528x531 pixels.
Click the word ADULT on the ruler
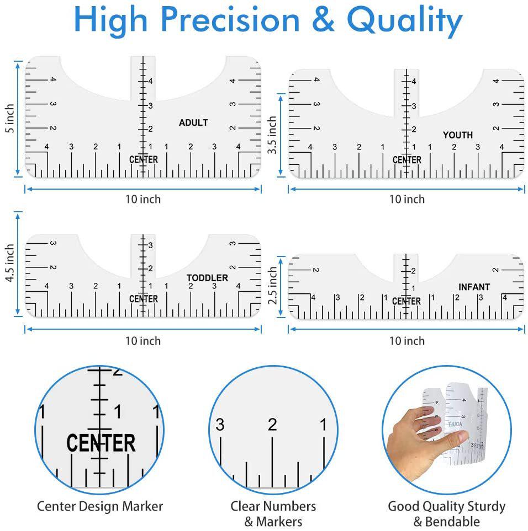(193, 122)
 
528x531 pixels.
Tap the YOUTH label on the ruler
(457, 135)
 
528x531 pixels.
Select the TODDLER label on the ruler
(207, 278)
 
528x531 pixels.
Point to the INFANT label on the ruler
(474, 287)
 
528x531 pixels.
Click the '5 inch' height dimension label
(10, 119)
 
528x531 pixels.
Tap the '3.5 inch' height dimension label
(272, 135)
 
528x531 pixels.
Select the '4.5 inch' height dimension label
(10, 263)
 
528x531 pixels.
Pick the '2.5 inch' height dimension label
(272, 286)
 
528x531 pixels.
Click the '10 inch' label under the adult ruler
(143, 199)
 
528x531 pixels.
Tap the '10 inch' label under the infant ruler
(407, 341)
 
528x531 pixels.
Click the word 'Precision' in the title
(230, 20)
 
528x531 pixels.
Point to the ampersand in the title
(323, 20)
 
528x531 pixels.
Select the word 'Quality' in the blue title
(405, 21)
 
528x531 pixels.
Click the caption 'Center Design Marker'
(100, 506)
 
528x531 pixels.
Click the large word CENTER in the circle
(101, 443)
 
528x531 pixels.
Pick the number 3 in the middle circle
(220, 425)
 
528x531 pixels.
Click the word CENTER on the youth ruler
(407, 160)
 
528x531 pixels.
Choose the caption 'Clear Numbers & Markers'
(273, 514)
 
